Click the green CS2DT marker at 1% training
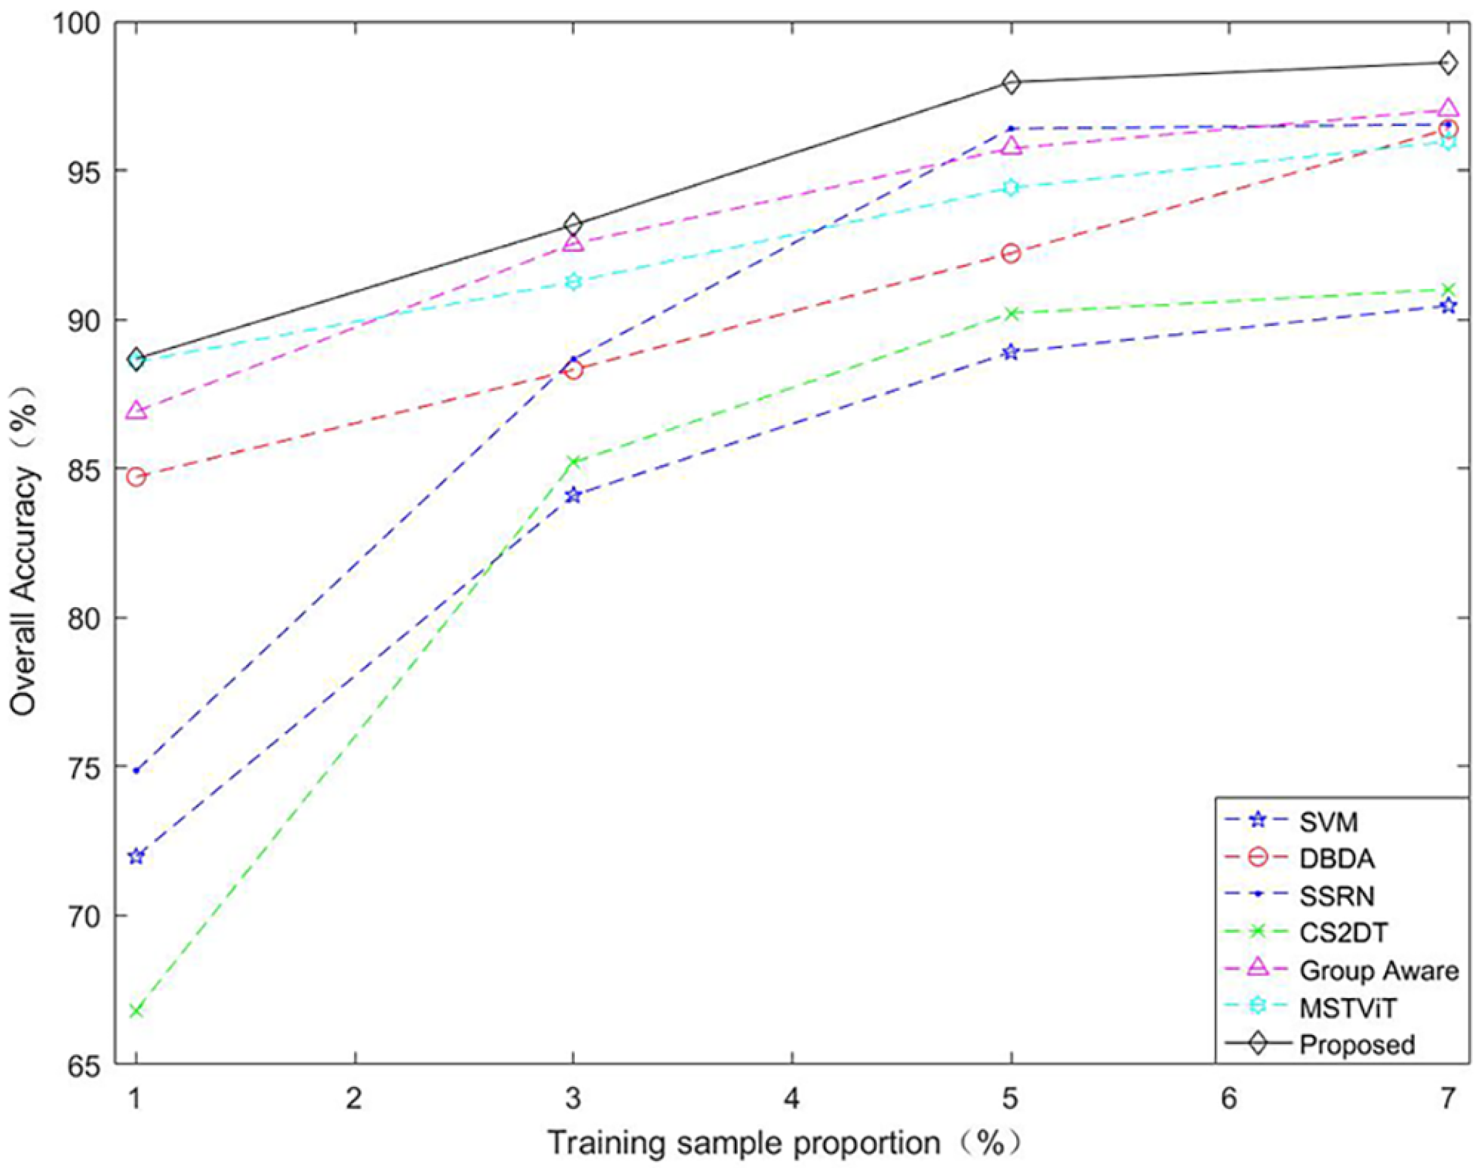pyautogui.click(x=136, y=1010)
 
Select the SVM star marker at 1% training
pyautogui.click(x=136, y=856)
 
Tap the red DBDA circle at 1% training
pyautogui.click(x=136, y=477)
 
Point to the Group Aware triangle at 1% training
pyautogui.click(x=136, y=410)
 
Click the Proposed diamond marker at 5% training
pyautogui.click(x=1011, y=82)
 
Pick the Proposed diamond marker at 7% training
pyautogui.click(x=1448, y=62)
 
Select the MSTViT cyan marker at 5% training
pyautogui.click(x=1011, y=187)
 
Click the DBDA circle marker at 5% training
pyautogui.click(x=1011, y=254)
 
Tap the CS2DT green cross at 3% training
pyautogui.click(x=573, y=462)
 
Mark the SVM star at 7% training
pyautogui.click(x=1448, y=306)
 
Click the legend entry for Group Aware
pyautogui.click(x=1378, y=970)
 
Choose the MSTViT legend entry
pyautogui.click(x=1347, y=1007)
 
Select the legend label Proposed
pyautogui.click(x=1357, y=1044)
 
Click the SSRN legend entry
pyautogui.click(x=1336, y=896)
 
